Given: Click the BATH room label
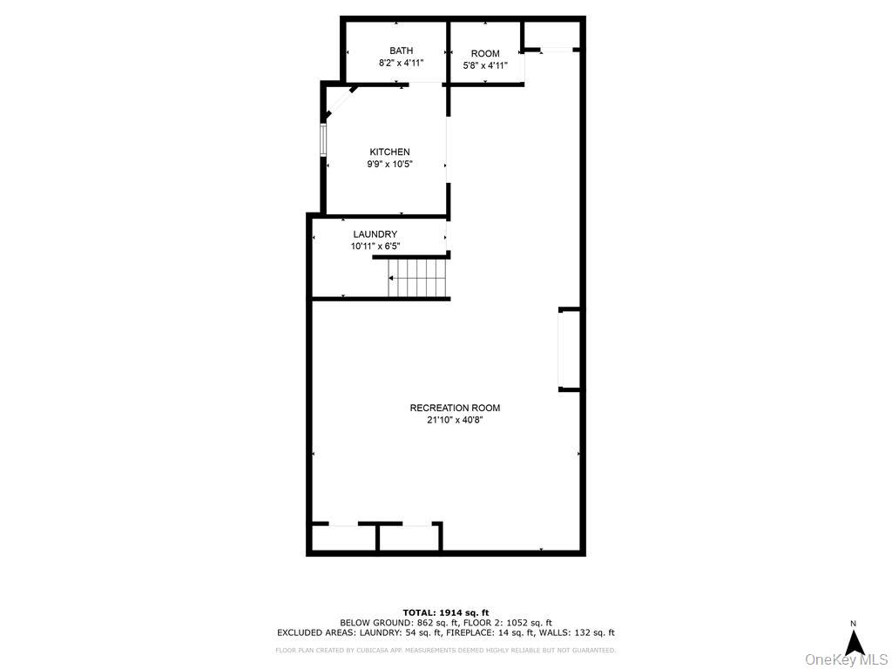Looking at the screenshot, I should tap(401, 51).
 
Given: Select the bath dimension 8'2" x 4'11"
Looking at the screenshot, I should tap(401, 64).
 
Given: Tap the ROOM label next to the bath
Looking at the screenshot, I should tap(485, 54).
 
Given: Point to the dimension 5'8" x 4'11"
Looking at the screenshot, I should tap(485, 65).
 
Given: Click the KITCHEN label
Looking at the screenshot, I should tap(389, 152).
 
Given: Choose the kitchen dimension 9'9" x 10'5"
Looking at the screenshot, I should tap(389, 165).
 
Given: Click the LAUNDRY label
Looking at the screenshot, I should tap(375, 234).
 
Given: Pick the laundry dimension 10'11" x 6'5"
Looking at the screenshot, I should tap(375, 247).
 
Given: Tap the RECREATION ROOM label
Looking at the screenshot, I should tap(455, 408).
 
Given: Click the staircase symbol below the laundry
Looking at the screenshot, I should tap(417, 278).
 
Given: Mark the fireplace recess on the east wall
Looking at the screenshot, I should tap(569, 349).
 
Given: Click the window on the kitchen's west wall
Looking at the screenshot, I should tap(323, 139).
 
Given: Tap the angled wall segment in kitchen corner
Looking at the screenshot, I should tap(340, 102).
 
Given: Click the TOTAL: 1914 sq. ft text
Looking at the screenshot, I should tap(446, 612).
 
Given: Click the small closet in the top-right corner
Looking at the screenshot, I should tap(552, 36).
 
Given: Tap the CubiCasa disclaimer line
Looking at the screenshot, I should tap(446, 650).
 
